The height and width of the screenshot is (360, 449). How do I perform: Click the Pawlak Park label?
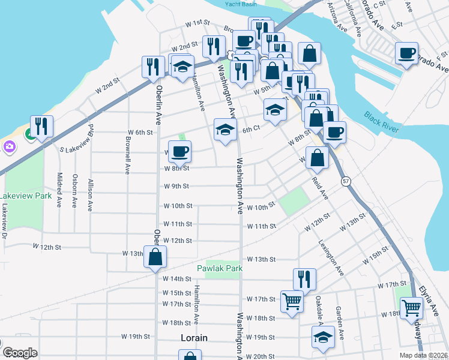[x=220, y=268]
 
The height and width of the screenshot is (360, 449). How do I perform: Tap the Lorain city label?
[x=194, y=338]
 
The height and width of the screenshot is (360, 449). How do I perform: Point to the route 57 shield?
[x=346, y=181]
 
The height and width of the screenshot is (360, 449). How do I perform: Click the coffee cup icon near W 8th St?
[x=179, y=151]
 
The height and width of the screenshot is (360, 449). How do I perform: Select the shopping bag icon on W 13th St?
[x=155, y=257]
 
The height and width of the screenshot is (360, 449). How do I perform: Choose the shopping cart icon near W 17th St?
[x=292, y=301]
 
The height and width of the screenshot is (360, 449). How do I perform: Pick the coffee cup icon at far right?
[x=406, y=53]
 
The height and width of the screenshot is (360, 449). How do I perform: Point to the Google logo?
[x=19, y=353]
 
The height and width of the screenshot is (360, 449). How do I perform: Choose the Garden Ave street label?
[x=339, y=322]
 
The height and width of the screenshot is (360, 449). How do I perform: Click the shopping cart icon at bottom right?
[x=411, y=307]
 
